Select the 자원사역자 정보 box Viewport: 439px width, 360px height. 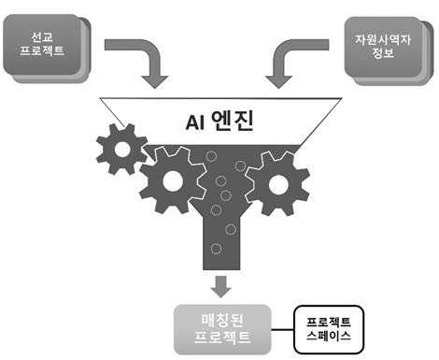click(x=388, y=47)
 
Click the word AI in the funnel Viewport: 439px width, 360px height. click(x=191, y=121)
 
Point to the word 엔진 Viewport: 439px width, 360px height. click(x=236, y=121)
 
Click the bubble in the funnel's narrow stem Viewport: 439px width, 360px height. click(x=217, y=250)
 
